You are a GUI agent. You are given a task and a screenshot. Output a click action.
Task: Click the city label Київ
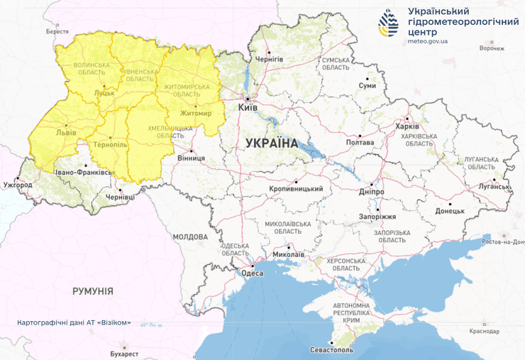[248, 107]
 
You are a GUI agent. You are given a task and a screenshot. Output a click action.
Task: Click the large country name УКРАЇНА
[272, 143]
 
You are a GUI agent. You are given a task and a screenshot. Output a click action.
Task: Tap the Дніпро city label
[371, 192]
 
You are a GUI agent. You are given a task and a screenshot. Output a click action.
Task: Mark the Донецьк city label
[449, 211]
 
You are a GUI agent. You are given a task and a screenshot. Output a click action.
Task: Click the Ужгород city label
[18, 185]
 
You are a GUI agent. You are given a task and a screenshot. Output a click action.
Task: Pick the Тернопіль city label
[110, 144]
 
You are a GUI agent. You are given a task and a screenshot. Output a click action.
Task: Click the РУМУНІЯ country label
[93, 291]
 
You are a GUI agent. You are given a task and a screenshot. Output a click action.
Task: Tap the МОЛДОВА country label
[190, 236]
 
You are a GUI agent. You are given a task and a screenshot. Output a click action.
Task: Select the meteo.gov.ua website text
[428, 41]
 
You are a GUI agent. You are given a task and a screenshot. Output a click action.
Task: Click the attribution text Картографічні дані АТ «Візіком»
[74, 322]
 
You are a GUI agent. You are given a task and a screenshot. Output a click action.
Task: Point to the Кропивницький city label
[296, 189]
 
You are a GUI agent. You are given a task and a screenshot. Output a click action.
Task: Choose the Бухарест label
[124, 353]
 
